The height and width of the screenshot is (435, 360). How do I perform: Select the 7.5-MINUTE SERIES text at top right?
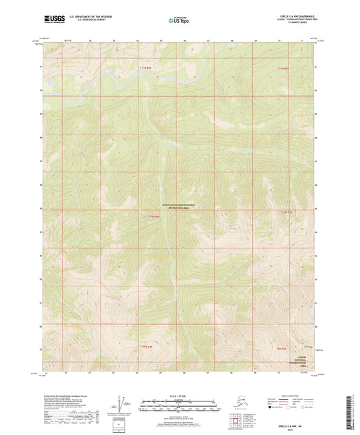(291, 25)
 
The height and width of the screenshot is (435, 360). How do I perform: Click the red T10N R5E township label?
(286, 212)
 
